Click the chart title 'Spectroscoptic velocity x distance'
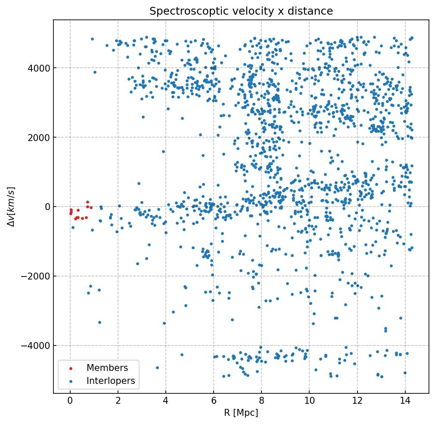coord(241,12)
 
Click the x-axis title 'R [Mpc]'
coord(241,413)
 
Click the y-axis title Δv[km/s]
coord(12,207)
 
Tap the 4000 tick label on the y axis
coord(38,68)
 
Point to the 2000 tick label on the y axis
coord(38,138)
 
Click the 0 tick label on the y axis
coord(47,207)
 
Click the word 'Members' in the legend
coord(107,368)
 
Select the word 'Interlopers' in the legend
coord(111,381)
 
